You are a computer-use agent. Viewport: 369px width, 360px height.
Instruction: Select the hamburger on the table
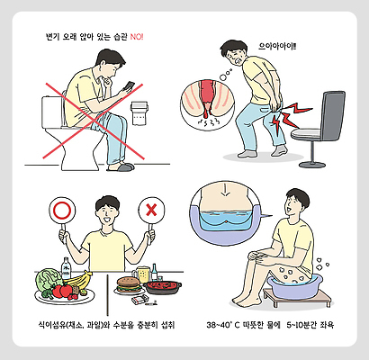pos(128,286)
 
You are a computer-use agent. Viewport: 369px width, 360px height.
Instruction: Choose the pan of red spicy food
pos(164,288)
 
